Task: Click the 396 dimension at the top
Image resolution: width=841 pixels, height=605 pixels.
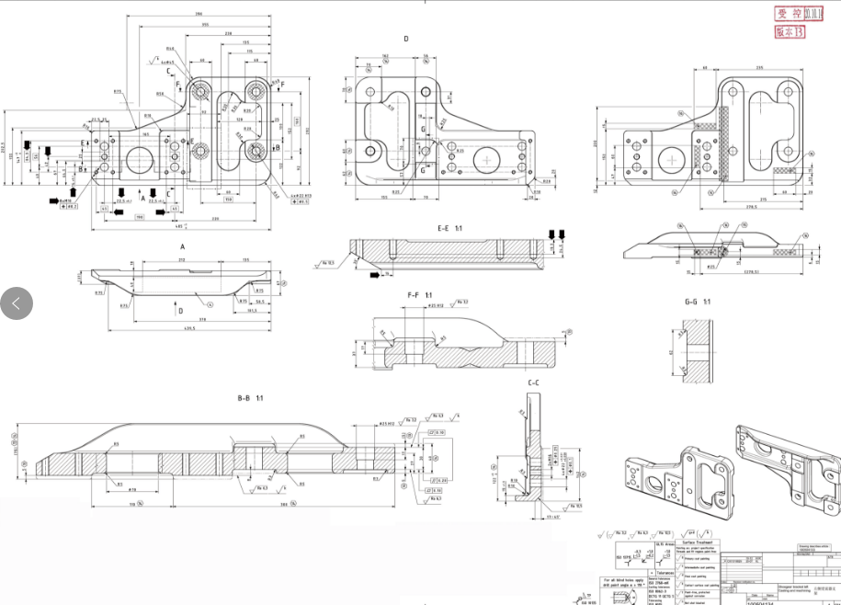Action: [199, 15]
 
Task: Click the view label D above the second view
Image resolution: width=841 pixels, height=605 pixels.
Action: [405, 39]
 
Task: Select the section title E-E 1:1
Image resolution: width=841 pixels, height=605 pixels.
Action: [449, 227]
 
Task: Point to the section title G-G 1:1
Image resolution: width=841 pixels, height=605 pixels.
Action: [699, 302]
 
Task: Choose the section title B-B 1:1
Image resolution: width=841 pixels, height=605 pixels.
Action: [251, 398]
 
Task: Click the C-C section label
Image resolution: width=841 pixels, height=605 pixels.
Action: [533, 382]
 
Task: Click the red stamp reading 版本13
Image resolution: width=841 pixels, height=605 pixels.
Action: [790, 31]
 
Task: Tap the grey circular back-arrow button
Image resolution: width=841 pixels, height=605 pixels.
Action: [17, 302]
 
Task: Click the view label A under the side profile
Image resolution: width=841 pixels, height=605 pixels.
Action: [182, 247]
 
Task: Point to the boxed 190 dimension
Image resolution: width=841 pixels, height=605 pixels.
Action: [140, 217]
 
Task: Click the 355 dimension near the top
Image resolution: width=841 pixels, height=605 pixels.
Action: [206, 25]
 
